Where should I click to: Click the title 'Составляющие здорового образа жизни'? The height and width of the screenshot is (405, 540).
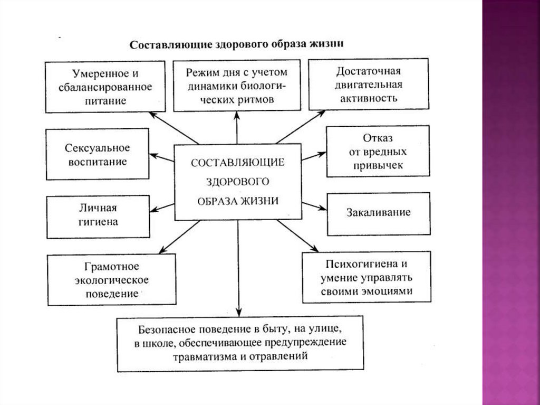coord(237,44)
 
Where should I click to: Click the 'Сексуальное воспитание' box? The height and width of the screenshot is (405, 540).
coord(98,154)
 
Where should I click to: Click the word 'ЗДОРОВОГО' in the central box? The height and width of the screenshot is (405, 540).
coord(238,181)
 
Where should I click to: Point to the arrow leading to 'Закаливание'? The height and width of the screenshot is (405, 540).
coord(314,205)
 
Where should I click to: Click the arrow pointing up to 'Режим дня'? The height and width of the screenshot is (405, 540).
coord(237,128)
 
